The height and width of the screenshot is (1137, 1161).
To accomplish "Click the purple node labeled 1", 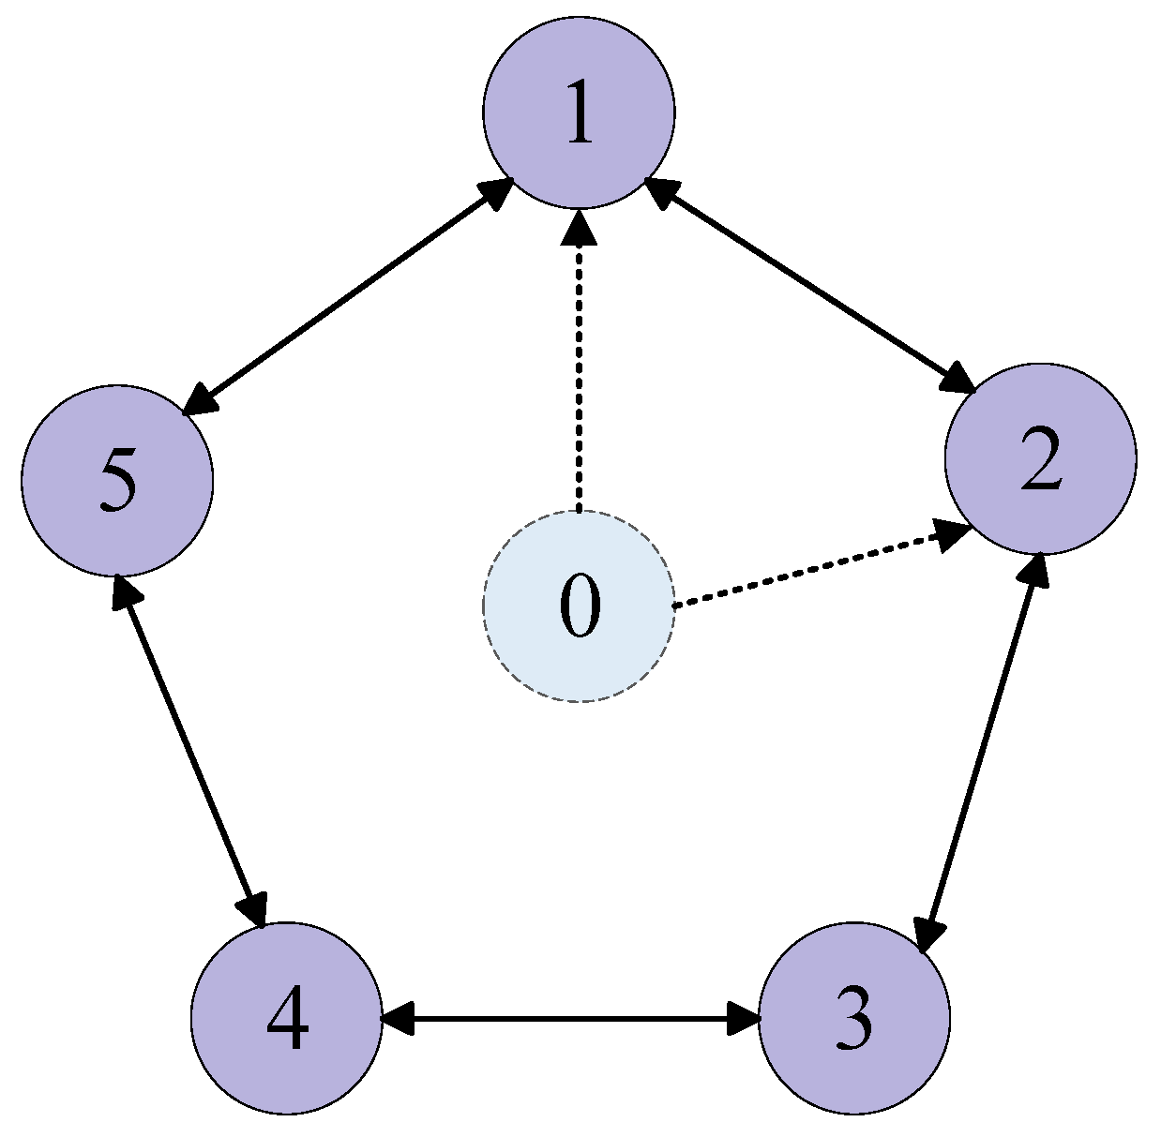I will coord(579,112).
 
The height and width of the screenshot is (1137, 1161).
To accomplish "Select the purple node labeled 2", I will coord(1040,459).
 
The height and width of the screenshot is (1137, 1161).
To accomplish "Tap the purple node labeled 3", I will coord(853,1019).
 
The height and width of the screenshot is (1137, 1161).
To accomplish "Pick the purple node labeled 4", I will coord(287,1019).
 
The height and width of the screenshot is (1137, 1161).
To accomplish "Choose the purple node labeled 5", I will coord(117,480).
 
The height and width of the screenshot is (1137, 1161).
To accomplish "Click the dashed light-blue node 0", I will coord(579,606).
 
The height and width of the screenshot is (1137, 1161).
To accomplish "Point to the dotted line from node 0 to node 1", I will coord(579,375).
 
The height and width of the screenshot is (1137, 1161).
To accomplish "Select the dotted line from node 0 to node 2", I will coord(807,570).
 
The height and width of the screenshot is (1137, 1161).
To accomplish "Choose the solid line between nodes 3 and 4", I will coord(570,1019).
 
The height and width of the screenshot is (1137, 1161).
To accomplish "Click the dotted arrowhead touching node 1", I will coord(579,227).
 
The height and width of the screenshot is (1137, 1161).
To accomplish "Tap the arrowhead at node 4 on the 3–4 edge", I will coord(399,1019).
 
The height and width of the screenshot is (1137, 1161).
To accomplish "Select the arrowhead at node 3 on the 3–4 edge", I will coord(743,1019).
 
